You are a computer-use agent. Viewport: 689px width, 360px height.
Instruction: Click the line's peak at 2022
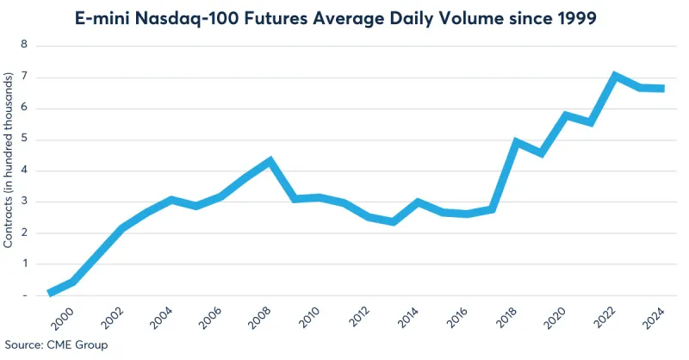click(614, 76)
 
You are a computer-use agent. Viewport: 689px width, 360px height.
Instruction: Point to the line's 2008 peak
click(270, 160)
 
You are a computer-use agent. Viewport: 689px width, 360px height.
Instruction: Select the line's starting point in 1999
click(50, 294)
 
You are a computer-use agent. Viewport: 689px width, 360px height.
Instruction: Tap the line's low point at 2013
click(393, 221)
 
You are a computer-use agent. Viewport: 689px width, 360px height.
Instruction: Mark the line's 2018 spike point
click(516, 141)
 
